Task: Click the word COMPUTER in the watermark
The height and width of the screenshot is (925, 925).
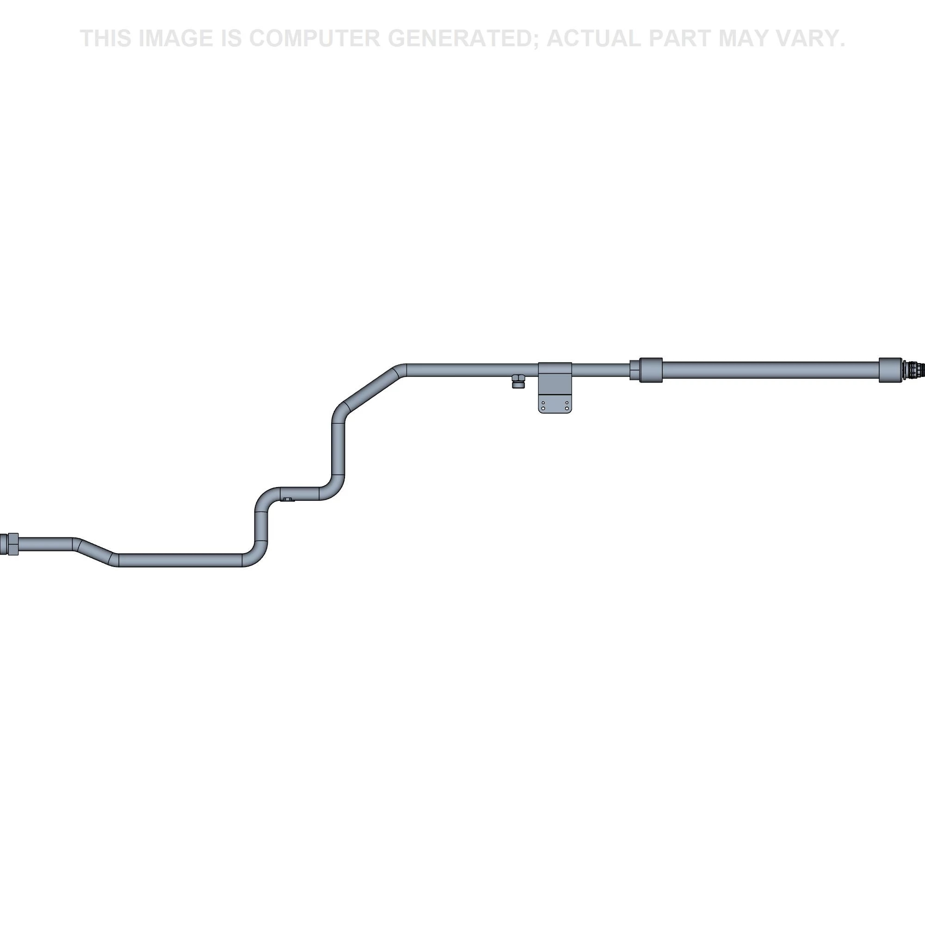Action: click(x=314, y=38)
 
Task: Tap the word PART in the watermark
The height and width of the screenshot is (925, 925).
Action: click(x=680, y=38)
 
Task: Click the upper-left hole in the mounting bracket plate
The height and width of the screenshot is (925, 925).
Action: click(x=543, y=403)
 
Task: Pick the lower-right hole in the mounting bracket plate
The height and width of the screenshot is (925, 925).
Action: click(x=567, y=408)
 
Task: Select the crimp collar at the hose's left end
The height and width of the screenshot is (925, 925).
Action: click(x=651, y=370)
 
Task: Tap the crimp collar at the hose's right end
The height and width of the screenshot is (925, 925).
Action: click(x=890, y=370)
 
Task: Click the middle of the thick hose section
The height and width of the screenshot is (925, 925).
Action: click(x=771, y=370)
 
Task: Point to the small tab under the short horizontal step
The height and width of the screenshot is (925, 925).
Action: click(x=287, y=499)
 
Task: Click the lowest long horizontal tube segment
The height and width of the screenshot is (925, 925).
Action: click(x=180, y=560)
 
